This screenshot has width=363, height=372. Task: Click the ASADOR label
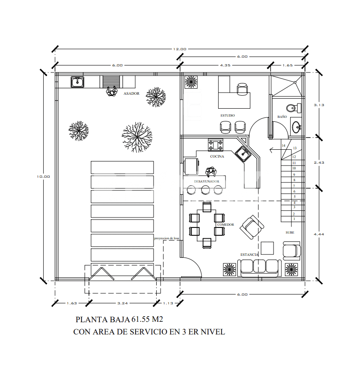click(x=131, y=93)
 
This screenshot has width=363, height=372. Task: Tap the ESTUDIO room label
click(x=227, y=115)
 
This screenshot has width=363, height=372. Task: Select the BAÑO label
click(x=282, y=117)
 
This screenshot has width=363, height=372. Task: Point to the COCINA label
click(x=217, y=156)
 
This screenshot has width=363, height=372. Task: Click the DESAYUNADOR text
click(x=210, y=181)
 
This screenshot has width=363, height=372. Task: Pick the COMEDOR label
click(x=226, y=225)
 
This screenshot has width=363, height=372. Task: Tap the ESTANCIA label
click(x=249, y=255)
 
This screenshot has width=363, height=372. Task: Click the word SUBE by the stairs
click(x=290, y=233)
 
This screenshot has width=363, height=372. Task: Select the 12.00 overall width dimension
click(x=179, y=49)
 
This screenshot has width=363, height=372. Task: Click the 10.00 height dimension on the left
click(x=44, y=177)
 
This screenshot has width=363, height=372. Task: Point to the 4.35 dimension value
click(x=225, y=65)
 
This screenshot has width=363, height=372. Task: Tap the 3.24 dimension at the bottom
click(x=123, y=303)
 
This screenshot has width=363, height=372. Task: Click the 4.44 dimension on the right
click(x=319, y=234)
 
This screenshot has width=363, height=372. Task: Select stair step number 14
click(x=283, y=145)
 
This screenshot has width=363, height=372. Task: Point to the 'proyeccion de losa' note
click(x=167, y=238)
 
